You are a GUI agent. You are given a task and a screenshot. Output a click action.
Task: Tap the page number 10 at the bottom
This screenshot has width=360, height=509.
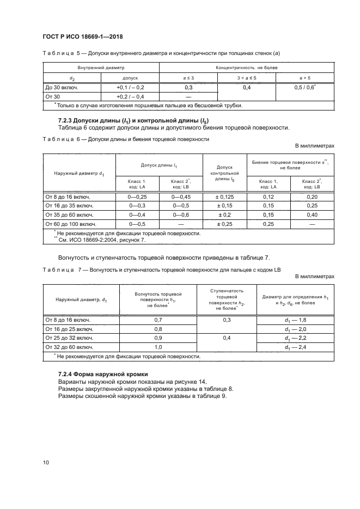[x=46, y=462]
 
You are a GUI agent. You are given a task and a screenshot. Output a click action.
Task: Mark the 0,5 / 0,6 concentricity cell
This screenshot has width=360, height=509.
[x=306, y=87]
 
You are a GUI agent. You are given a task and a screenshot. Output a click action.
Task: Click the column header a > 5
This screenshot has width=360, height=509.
[x=306, y=78]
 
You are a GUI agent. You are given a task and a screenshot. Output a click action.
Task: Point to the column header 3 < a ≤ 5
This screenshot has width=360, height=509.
[x=246, y=78]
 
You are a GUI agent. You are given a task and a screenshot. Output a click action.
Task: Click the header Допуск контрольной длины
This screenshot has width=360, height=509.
[x=225, y=174]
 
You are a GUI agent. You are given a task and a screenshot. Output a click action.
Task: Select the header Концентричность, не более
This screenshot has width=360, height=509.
[x=246, y=68]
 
